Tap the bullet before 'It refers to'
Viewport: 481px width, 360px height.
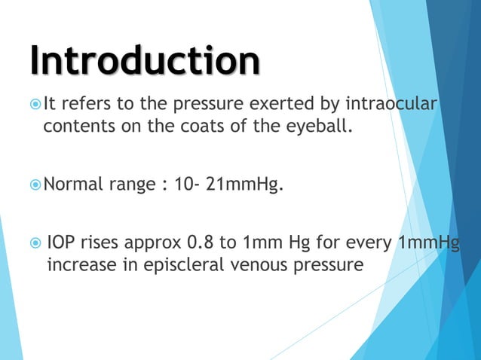(x=36, y=103)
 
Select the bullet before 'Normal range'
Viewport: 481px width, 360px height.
(x=36, y=183)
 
